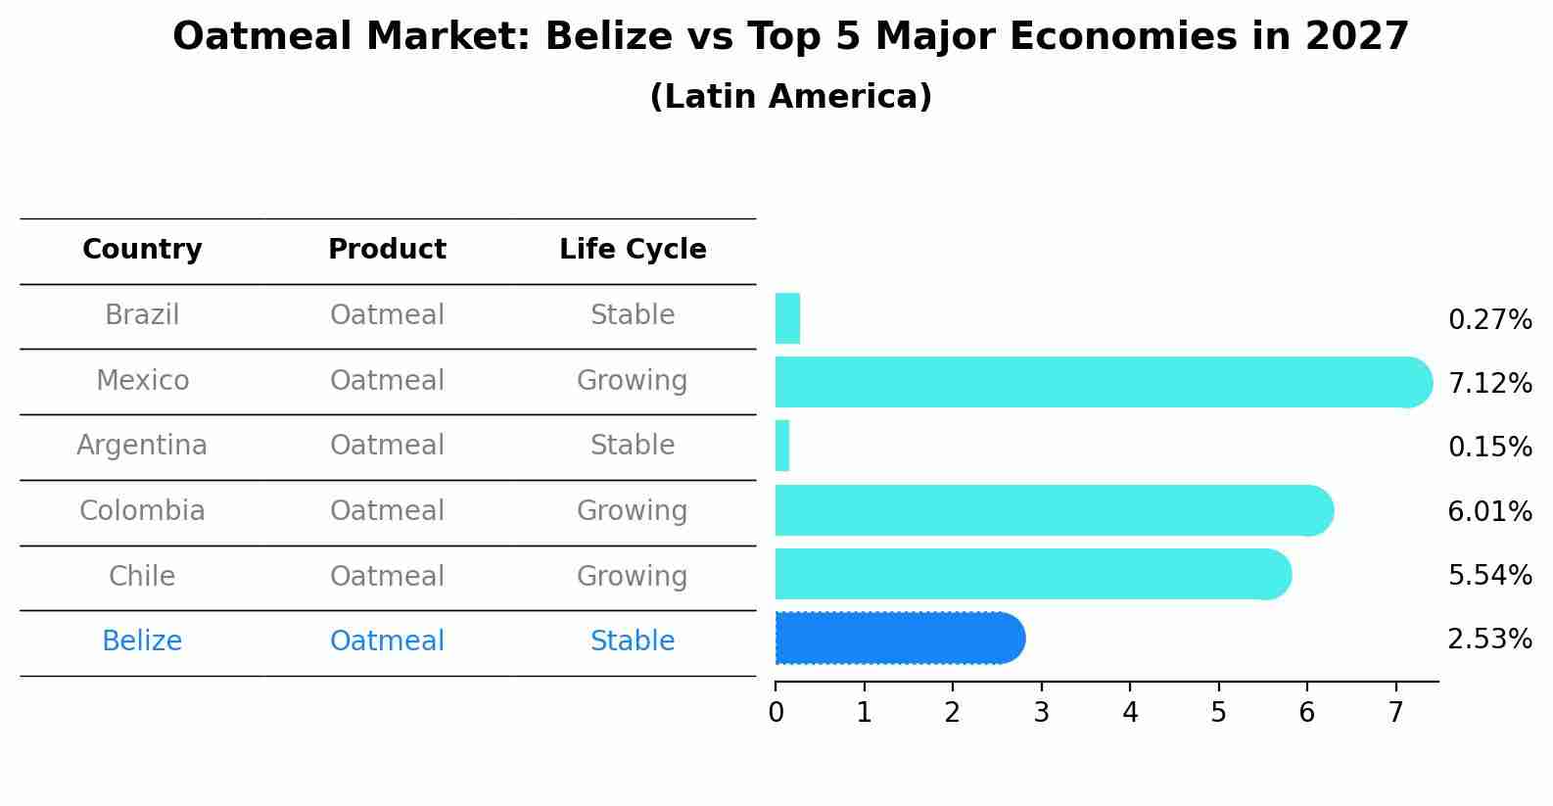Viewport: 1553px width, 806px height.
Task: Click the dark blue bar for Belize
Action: click(x=899, y=639)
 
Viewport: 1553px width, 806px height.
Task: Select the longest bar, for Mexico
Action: click(x=1102, y=382)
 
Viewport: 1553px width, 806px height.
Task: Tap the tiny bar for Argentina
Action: click(x=782, y=447)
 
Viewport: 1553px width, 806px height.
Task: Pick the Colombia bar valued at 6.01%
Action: click(x=1053, y=510)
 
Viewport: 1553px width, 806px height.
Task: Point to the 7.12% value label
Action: click(x=1489, y=384)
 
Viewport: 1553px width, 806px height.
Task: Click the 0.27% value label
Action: click(x=1489, y=320)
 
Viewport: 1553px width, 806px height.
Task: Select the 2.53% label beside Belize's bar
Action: click(x=1489, y=640)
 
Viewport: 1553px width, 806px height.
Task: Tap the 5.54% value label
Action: click(x=1489, y=576)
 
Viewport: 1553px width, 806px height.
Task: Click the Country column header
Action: click(x=142, y=250)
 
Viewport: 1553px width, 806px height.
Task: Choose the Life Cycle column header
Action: click(x=633, y=250)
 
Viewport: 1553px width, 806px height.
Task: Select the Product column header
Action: click(x=387, y=250)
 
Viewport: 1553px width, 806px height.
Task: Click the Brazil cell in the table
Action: click(x=142, y=315)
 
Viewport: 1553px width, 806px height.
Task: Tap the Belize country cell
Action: click(x=142, y=641)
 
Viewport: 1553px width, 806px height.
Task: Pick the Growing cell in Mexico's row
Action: click(x=632, y=381)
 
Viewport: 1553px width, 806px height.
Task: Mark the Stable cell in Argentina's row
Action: click(x=632, y=446)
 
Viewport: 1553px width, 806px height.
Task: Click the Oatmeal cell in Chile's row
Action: click(x=387, y=576)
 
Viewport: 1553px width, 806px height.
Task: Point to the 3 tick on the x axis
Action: click(x=1041, y=713)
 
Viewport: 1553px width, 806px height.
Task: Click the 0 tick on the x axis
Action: click(x=776, y=713)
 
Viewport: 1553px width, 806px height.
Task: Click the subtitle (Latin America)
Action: click(x=790, y=97)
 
